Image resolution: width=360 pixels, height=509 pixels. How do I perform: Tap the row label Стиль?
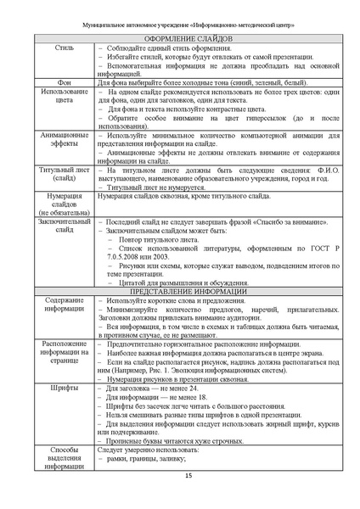click(x=58, y=48)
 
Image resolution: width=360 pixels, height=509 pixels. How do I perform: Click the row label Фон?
click(x=58, y=81)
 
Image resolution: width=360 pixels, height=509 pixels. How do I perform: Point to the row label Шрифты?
click(x=58, y=387)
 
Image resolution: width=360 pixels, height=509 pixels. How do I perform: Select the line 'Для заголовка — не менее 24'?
click(x=155, y=387)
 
